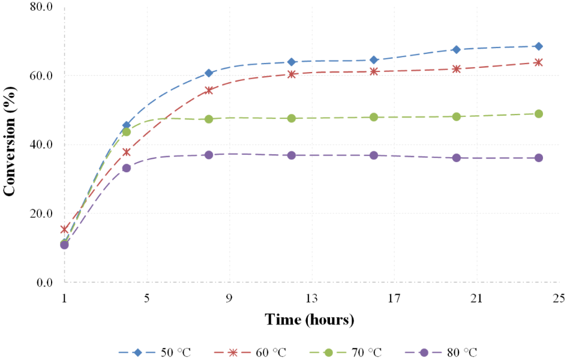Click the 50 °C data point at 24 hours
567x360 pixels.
pos(538,46)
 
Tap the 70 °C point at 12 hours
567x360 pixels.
pos(292,118)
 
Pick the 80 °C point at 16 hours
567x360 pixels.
pos(374,155)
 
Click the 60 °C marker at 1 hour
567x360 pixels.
pos(64,229)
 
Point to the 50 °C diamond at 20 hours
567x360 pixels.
pos(457,49)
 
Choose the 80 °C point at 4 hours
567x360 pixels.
pos(127,168)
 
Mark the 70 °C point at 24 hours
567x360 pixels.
pos(538,113)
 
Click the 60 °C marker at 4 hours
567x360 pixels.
pos(127,152)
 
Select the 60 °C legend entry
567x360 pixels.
pos(253,352)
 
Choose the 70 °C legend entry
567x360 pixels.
pos(349,352)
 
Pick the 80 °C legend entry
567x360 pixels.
pos(444,352)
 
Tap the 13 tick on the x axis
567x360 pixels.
pos(311,298)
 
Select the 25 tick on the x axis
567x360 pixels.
pos(559,298)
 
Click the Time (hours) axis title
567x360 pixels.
pos(310,319)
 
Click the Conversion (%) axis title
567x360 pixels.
pos(10,145)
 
